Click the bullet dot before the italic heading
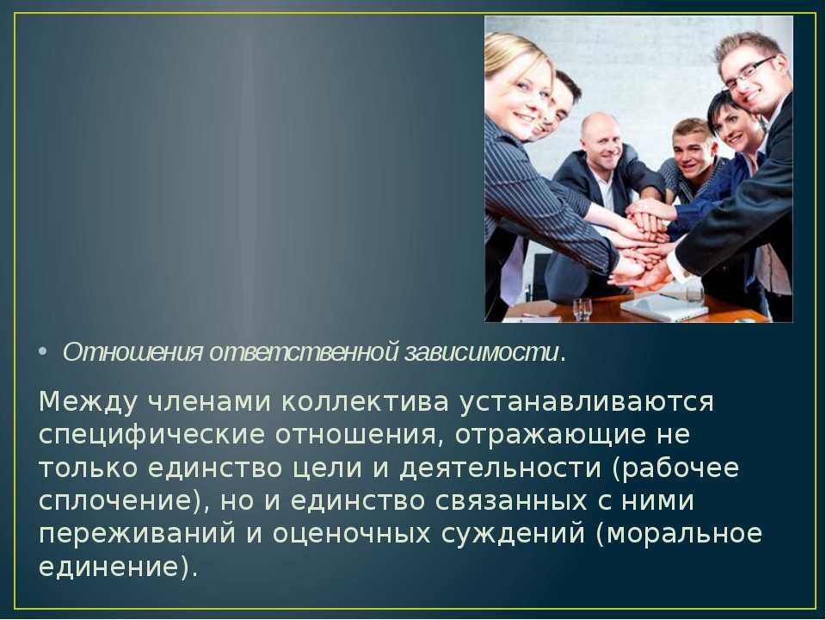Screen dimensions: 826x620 [43, 351]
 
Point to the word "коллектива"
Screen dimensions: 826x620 [365, 402]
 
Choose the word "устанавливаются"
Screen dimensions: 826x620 [587, 402]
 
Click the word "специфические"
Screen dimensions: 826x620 [151, 436]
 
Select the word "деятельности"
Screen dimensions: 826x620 [501, 468]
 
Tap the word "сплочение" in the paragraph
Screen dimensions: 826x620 [114, 501]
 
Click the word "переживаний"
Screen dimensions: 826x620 [137, 534]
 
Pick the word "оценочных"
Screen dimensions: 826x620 [351, 534]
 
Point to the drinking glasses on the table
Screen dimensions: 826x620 [583, 309]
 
